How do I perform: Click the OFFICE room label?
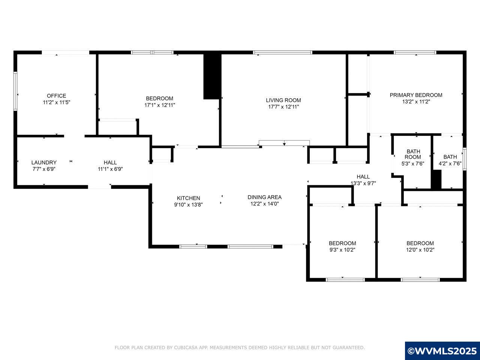pyautogui.click(x=56, y=96)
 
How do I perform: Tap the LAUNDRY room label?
pyautogui.click(x=44, y=162)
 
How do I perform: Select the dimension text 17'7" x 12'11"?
pyautogui.click(x=283, y=106)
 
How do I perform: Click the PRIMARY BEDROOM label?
pyautogui.click(x=416, y=95)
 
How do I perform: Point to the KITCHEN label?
pyautogui.click(x=188, y=198)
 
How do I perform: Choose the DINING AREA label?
pyautogui.click(x=264, y=197)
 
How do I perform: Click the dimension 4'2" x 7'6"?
pyautogui.click(x=450, y=163)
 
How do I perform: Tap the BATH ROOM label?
pyautogui.click(x=413, y=154)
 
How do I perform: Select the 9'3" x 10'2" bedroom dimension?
pyautogui.click(x=342, y=250)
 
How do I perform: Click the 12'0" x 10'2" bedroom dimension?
pyautogui.click(x=420, y=250)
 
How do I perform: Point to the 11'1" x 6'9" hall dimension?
pyautogui.click(x=110, y=169)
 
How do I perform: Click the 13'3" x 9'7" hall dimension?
pyautogui.click(x=363, y=183)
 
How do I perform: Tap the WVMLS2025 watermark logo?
pyautogui.click(x=442, y=351)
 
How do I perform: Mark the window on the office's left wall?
pyautogui.click(x=15, y=91)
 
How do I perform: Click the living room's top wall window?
pyautogui.click(x=283, y=52)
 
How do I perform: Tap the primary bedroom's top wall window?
pyautogui.click(x=415, y=52)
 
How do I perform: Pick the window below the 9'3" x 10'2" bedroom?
pyautogui.click(x=345, y=279)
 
